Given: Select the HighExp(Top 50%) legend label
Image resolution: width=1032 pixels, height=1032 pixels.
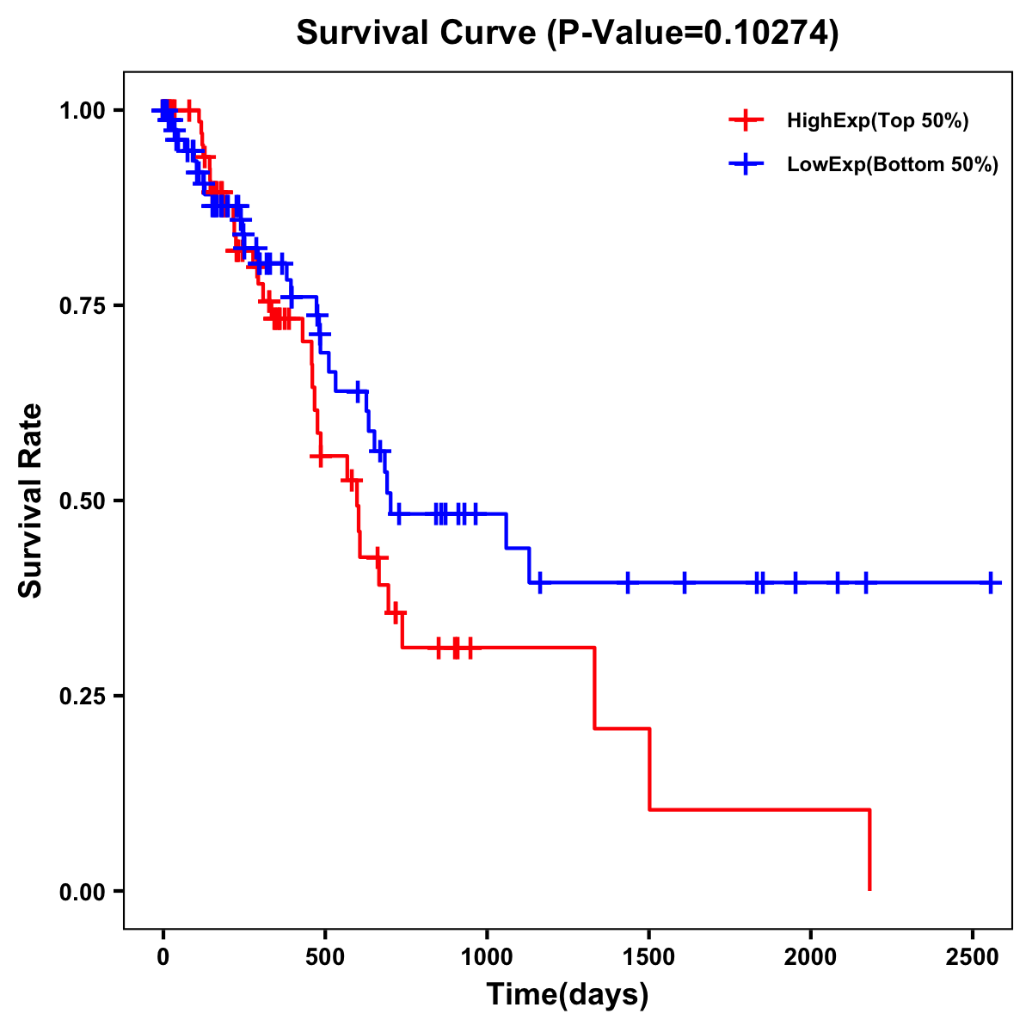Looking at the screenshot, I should pyautogui.click(x=877, y=121).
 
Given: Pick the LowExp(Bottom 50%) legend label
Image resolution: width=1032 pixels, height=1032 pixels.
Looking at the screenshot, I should pyautogui.click(x=893, y=165).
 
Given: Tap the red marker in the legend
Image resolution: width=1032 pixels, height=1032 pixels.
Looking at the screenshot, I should pyautogui.click(x=746, y=120).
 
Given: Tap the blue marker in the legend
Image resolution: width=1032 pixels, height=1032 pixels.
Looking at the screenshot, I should pyautogui.click(x=746, y=164).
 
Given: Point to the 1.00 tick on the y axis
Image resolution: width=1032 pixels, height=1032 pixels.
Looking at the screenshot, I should pyautogui.click(x=82, y=111).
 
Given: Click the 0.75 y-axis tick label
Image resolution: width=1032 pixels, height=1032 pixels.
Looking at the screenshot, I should pyautogui.click(x=82, y=306).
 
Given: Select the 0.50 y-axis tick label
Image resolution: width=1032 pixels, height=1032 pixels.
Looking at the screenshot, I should pyautogui.click(x=82, y=501).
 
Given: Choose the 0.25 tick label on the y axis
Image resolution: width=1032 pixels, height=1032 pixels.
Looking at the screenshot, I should pyautogui.click(x=82, y=696).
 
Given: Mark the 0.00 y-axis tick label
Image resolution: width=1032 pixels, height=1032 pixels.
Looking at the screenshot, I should pyautogui.click(x=82, y=891).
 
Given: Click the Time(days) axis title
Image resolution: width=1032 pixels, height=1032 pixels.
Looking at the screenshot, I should pyautogui.click(x=568, y=995).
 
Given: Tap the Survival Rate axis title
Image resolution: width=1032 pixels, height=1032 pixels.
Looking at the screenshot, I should pyautogui.click(x=31, y=501).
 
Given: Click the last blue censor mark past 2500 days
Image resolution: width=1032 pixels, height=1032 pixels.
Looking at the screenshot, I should pyautogui.click(x=991, y=582).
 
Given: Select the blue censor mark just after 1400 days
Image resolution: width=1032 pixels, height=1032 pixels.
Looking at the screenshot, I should pyautogui.click(x=628, y=582).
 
